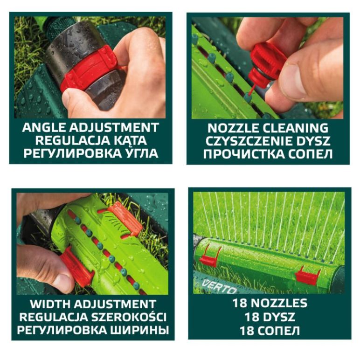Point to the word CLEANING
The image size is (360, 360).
point(296,128)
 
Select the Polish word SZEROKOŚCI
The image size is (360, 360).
point(128,317)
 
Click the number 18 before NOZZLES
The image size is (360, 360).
point(240,303)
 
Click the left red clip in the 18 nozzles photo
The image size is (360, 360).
point(209,255)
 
